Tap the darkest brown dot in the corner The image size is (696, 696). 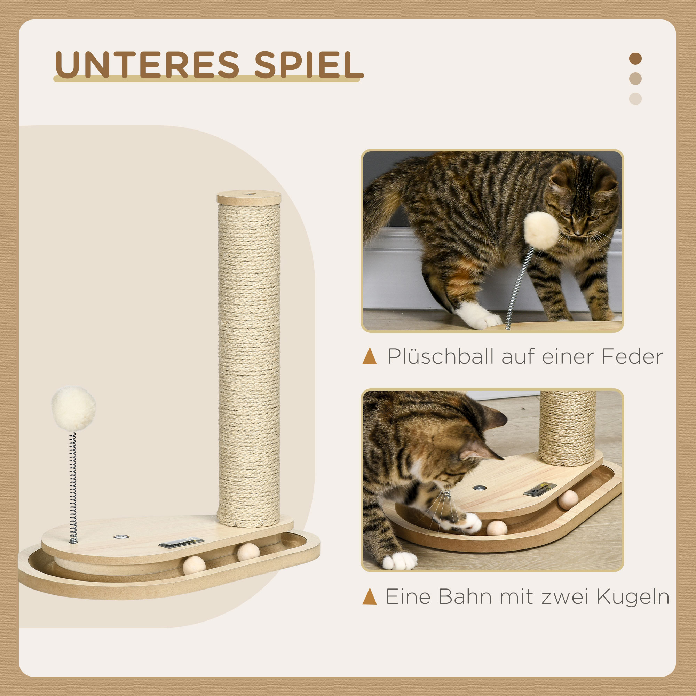coord(635,59)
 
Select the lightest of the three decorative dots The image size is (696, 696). coord(635,99)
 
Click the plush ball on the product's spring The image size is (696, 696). coord(73,409)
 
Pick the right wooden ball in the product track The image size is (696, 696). coord(248,552)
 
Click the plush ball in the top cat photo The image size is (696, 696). coord(541,231)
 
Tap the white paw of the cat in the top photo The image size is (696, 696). coord(477,315)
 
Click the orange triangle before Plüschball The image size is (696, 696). coord(370,356)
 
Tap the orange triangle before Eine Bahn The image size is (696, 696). coord(370,596)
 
